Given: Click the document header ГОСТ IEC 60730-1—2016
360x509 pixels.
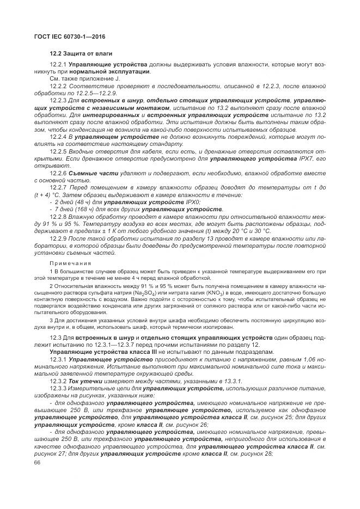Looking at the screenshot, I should click(69, 37).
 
